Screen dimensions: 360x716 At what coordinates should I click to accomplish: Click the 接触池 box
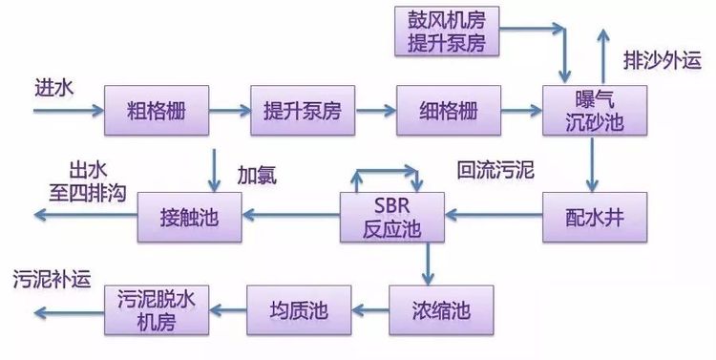(x=190, y=218)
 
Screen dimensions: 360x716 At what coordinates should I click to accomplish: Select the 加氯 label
(x=256, y=174)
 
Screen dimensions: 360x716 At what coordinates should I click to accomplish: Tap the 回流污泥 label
(x=494, y=172)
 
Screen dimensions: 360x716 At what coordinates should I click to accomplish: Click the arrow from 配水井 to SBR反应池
(x=495, y=218)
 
